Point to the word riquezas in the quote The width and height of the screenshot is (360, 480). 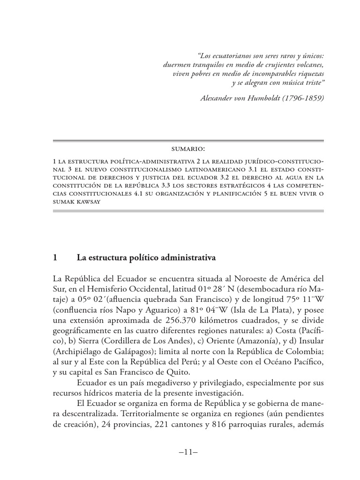(307, 74)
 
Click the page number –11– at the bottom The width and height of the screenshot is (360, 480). (187, 452)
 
